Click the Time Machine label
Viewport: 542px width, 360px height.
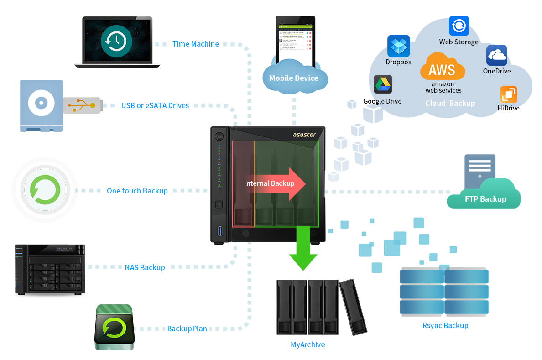coord(196,44)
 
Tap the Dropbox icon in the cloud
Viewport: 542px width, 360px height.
coord(399,46)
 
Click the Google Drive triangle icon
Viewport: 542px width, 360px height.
coord(383,84)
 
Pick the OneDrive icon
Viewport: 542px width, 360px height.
coord(497,55)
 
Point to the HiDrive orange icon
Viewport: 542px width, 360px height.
coord(508,94)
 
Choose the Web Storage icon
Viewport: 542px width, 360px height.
coord(459,26)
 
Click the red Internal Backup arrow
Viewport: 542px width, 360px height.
coord(274,183)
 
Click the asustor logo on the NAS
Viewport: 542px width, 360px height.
coord(304,135)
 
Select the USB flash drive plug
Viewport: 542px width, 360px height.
coord(82,105)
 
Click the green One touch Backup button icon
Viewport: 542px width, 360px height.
coord(45,190)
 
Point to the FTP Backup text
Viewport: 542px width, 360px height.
coord(485,199)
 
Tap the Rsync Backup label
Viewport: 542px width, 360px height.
coord(445,325)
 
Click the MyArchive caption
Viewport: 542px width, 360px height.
coord(308,344)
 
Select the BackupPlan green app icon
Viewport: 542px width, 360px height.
coord(115,327)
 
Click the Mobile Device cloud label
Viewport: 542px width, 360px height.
coord(294,78)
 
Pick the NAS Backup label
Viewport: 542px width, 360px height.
coord(145,267)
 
